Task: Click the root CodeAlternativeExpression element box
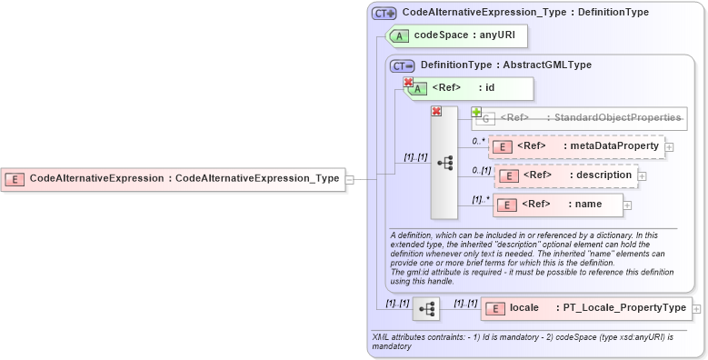[173, 179]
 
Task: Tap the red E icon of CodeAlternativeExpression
[15, 179]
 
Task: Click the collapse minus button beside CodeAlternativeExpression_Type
[350, 179]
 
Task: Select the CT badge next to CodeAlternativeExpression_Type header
[384, 13]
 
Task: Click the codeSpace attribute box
[457, 35]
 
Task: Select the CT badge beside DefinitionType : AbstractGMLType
[402, 65]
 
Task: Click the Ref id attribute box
[468, 88]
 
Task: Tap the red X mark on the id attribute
[409, 82]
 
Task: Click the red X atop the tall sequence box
[436, 111]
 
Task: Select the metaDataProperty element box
[576, 146]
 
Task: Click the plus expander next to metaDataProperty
[669, 146]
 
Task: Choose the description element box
[564, 175]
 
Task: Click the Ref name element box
[558, 205]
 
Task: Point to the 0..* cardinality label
[478, 141]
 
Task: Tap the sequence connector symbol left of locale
[426, 309]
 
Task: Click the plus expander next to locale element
[697, 309]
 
